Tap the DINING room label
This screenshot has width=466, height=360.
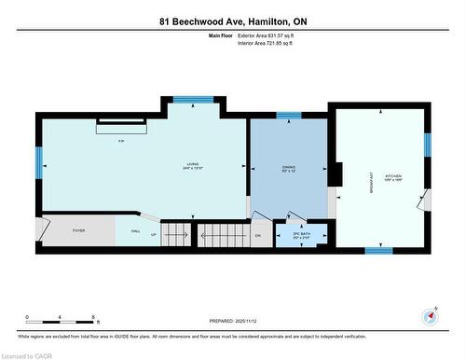coord(289,170)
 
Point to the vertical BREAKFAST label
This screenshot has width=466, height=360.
coord(372,180)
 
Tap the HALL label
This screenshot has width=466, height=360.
coord(135,229)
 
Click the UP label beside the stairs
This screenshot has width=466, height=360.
coord(154,235)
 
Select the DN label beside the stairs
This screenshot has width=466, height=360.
coord(258,235)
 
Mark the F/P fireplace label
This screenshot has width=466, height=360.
coord(121,141)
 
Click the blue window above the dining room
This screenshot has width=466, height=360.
coord(289,116)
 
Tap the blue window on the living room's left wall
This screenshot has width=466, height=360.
coord(39,164)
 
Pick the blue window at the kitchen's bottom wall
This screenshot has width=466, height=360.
coord(377,250)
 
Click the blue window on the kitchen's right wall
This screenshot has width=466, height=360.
coord(428,145)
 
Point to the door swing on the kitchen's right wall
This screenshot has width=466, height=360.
coord(424,200)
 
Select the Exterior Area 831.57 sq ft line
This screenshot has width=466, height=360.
coord(266,35)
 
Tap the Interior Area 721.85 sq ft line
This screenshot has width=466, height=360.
coord(266,43)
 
